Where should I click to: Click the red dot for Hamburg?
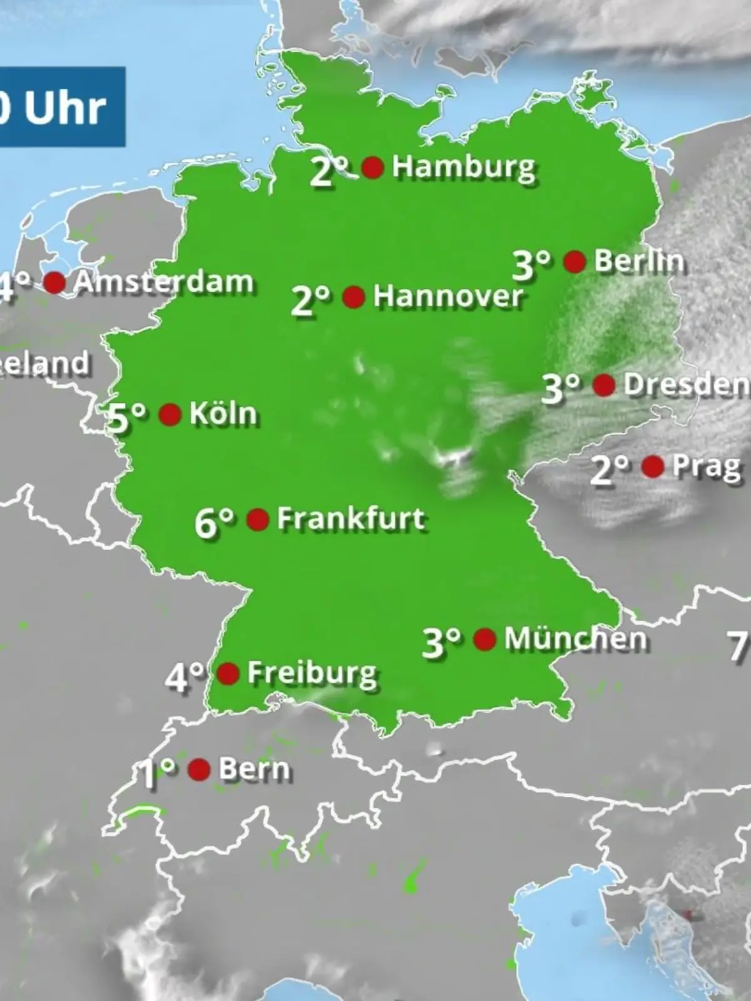[373, 167]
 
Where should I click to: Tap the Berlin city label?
[638, 261]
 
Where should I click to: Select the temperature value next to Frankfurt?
[215, 522]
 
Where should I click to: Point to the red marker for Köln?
[170, 414]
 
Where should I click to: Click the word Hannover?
[447, 296]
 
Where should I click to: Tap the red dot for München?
[485, 639]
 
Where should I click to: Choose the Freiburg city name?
[312, 673]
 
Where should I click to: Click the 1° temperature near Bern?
[156, 773]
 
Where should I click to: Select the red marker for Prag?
[653, 466]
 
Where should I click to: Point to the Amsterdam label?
[163, 282]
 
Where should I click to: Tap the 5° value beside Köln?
[128, 417]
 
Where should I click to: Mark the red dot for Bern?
[199, 770]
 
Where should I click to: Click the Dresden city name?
[685, 385]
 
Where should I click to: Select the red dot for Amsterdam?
[54, 282]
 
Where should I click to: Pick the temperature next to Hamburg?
[329, 171]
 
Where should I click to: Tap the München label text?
[575, 639]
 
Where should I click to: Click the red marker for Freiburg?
[228, 673]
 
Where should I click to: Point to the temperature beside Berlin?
[532, 264]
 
